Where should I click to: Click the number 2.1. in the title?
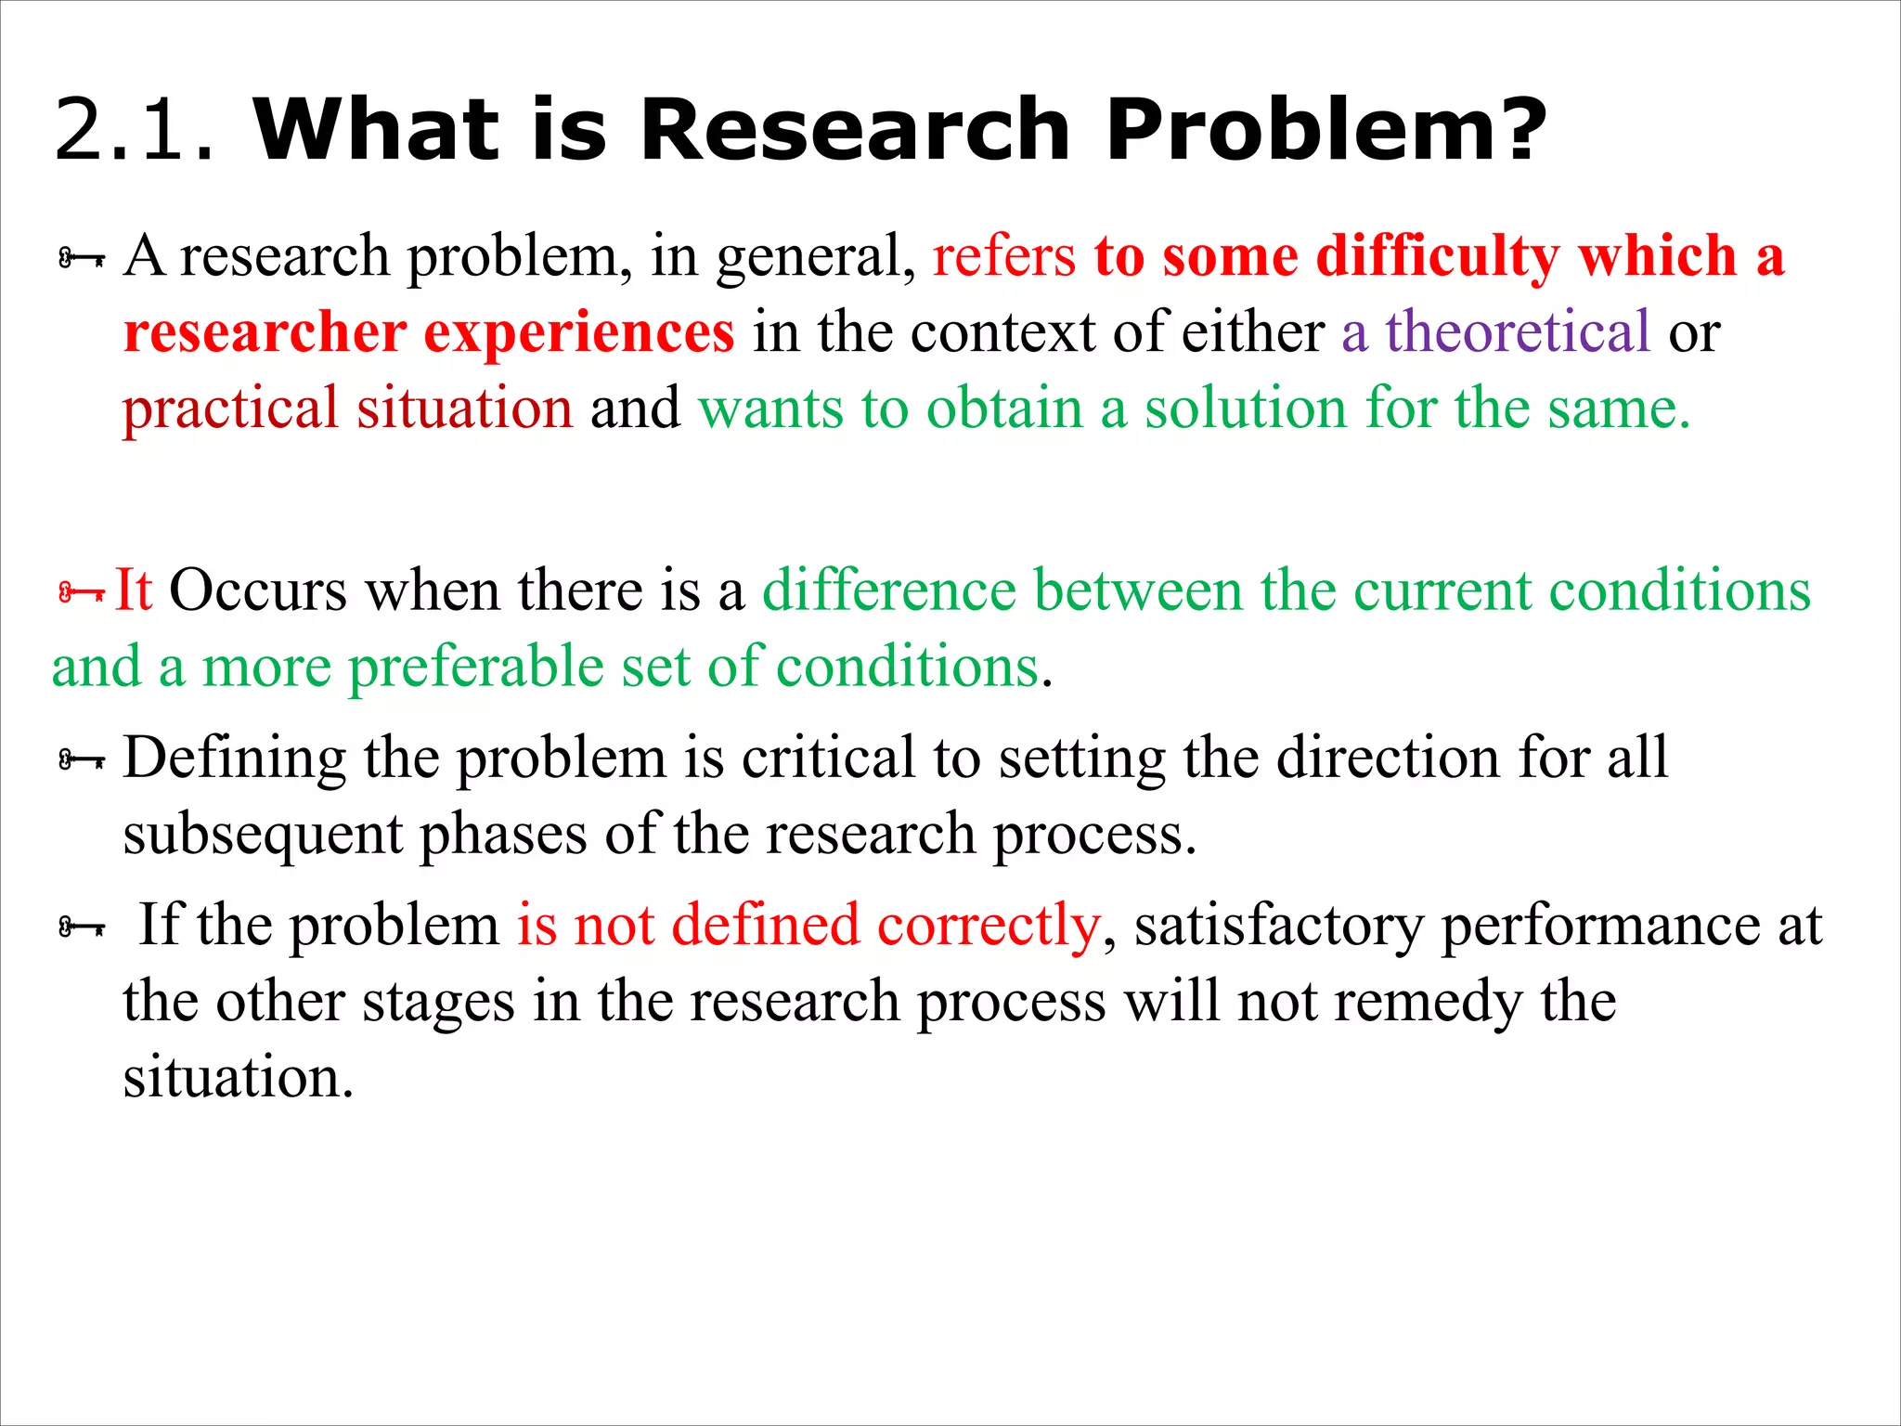136,130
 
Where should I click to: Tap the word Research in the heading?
854,130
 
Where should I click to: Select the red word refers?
1003,256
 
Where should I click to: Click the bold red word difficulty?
1438,258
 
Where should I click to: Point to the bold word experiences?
579,332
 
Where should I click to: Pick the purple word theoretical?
1518,331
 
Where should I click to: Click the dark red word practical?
230,409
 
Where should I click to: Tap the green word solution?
1245,408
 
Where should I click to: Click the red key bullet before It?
81,592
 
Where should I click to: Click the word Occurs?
258,590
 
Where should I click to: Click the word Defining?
234,758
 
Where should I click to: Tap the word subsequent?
263,835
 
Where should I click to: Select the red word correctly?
988,927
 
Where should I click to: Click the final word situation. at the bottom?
238,1078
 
